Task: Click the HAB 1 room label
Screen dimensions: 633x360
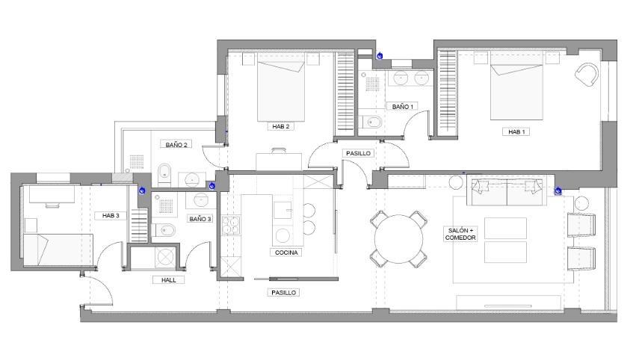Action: (516, 131)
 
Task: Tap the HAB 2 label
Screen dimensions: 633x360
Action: (280, 126)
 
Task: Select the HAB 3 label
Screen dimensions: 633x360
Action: (111, 216)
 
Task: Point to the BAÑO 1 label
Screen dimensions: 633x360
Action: (403, 107)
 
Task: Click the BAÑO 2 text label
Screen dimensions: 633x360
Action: (176, 144)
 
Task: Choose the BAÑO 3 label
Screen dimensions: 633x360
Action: (200, 219)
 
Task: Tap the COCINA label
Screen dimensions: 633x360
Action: (286, 252)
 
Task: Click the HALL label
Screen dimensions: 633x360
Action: (169, 279)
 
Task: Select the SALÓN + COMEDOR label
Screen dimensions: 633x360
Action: (460, 234)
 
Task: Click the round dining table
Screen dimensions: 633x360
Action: (399, 239)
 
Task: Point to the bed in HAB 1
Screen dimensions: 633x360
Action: (516, 92)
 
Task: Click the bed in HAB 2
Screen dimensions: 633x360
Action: (281, 91)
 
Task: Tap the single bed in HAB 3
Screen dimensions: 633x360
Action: (58, 249)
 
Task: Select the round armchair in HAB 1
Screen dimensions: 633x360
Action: (587, 75)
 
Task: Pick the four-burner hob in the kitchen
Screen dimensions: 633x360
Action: (231, 226)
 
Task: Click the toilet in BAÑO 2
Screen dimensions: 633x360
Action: (164, 174)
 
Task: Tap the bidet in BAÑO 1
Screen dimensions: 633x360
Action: (371, 122)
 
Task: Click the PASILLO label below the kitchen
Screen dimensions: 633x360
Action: (283, 292)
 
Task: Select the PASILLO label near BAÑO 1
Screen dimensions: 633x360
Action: (358, 153)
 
